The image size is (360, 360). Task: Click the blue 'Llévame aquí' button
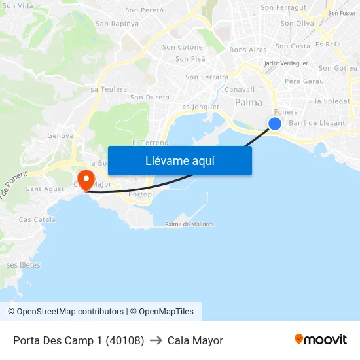coord(180,160)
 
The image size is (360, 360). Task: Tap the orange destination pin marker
coord(86,178)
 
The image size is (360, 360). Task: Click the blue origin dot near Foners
coord(275,124)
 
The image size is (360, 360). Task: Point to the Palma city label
coord(249,103)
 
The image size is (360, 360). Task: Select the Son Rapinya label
coord(117,24)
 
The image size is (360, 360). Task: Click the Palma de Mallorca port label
coord(189,225)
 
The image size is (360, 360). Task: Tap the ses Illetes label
coord(24,265)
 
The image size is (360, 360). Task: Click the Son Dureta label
coord(150,98)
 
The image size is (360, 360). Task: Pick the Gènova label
coord(60,135)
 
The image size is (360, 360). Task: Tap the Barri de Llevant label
coord(317,123)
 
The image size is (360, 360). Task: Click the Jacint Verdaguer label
coord(285,63)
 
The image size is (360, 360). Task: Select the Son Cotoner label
coord(184,47)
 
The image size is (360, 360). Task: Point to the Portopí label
coord(141,195)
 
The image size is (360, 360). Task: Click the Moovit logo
coord(321,340)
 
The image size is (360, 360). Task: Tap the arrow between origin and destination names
coord(156,340)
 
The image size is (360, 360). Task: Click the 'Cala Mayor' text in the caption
coord(195,340)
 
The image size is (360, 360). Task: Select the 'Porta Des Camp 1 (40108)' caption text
coord(79,340)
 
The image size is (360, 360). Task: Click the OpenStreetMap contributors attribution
coord(70,312)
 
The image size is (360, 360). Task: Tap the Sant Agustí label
coord(46,189)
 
